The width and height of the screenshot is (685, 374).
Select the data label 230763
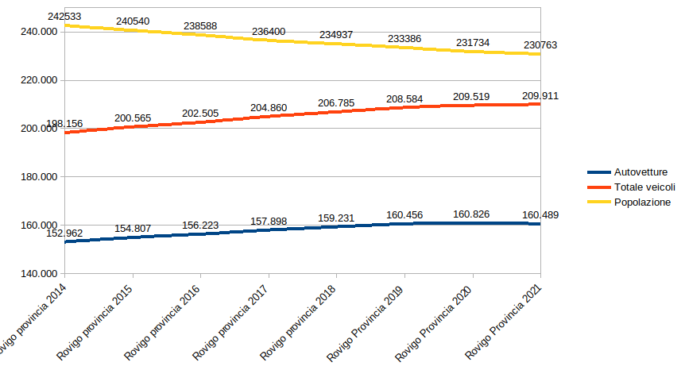540,45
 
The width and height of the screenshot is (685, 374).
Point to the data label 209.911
540,95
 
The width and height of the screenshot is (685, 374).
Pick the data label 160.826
473,214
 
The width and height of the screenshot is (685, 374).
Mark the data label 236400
269,31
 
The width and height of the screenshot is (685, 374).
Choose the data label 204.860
269,107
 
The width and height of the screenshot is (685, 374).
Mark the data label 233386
404,37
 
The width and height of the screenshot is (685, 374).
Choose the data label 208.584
404,99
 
